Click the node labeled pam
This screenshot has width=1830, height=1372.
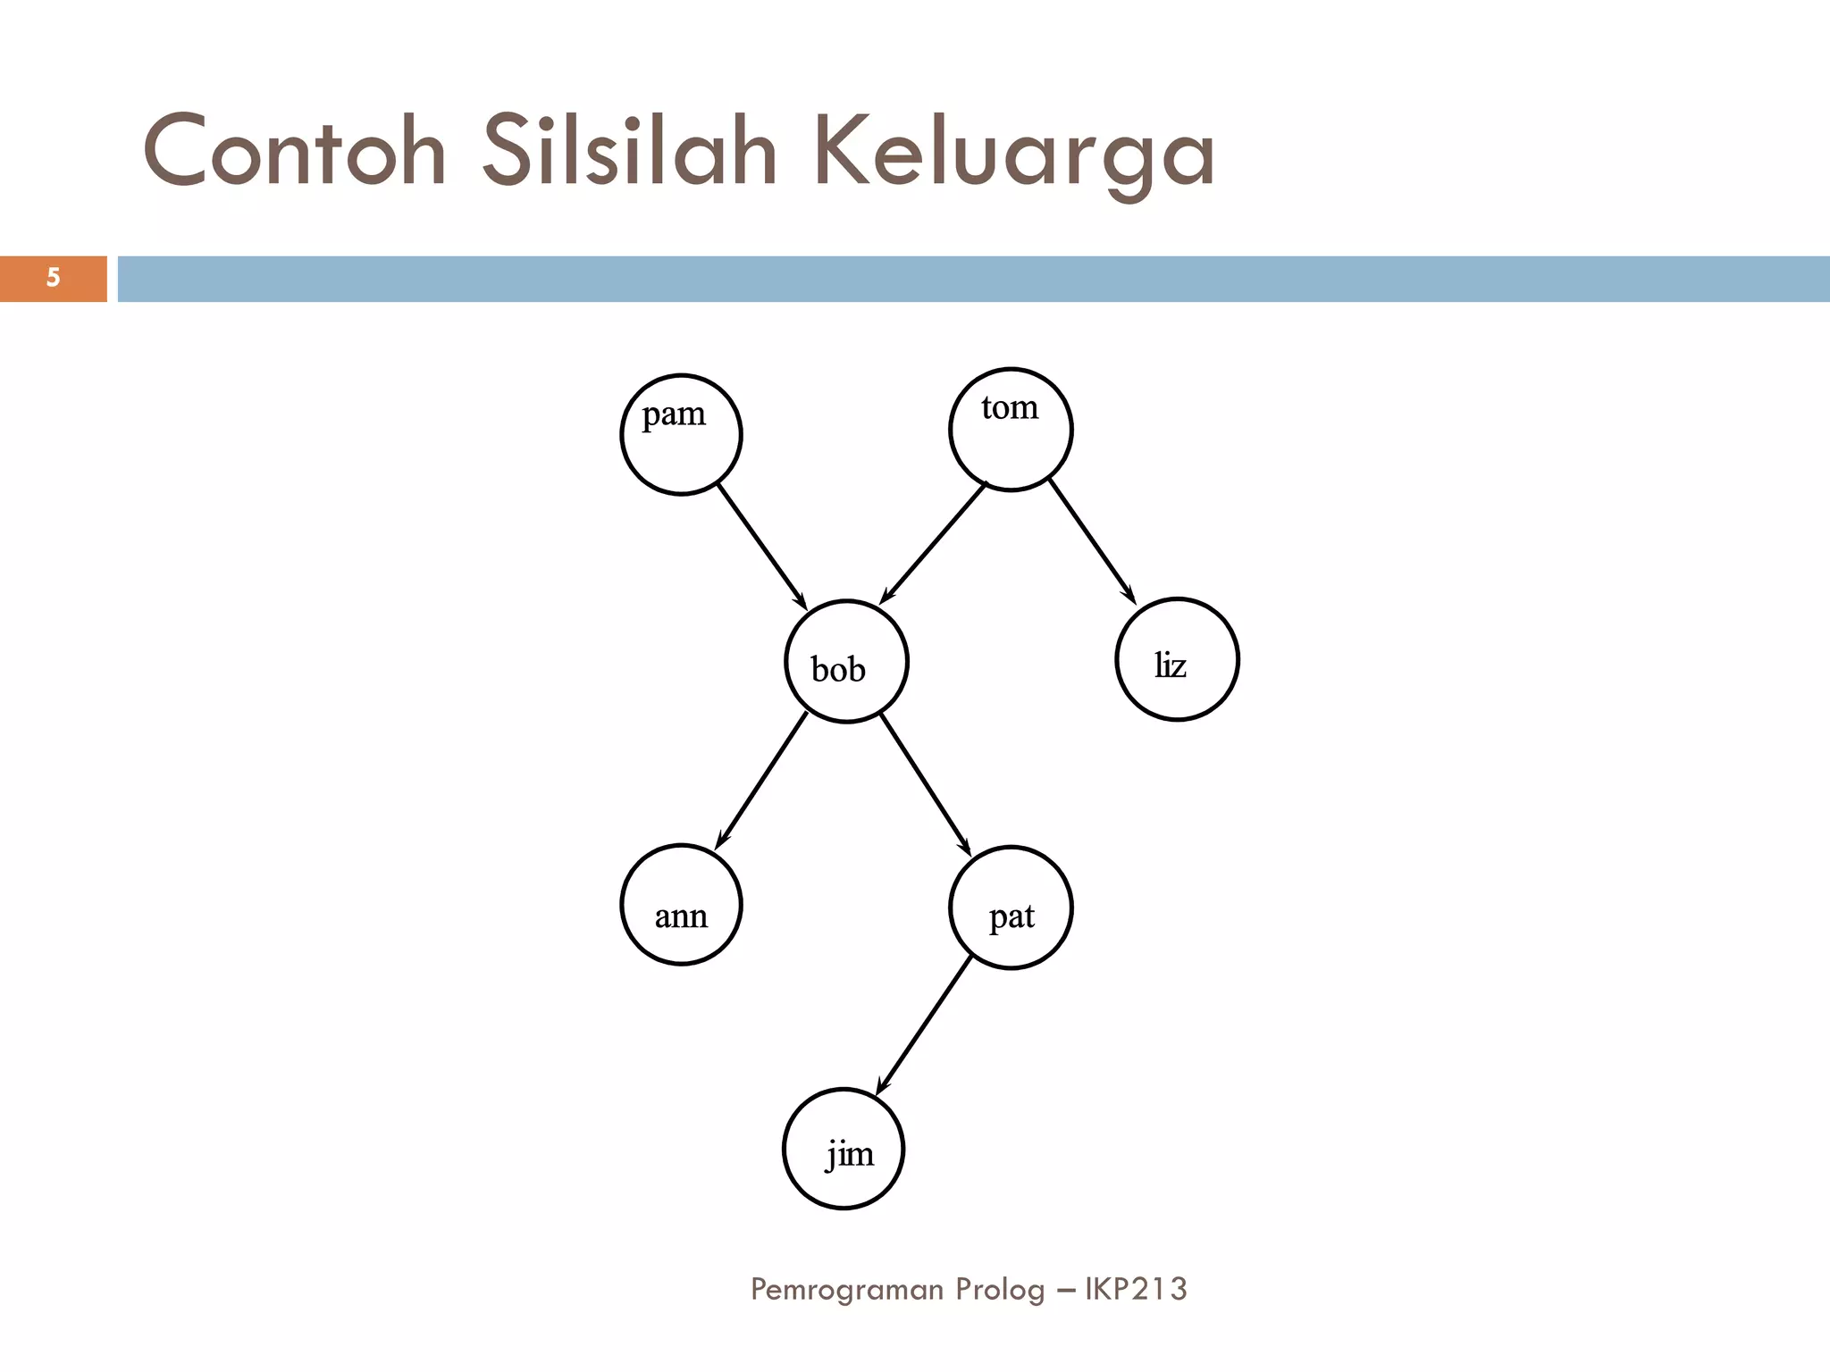681,434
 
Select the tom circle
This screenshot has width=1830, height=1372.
1011,430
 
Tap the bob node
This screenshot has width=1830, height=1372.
846,661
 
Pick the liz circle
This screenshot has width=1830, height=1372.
1177,659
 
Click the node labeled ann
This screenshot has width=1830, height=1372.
681,905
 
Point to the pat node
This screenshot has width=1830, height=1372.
1011,908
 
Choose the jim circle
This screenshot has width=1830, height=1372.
844,1149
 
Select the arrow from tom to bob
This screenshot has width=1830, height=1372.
933,543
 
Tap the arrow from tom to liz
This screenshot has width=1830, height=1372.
1092,541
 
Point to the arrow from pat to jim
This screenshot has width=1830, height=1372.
923,1025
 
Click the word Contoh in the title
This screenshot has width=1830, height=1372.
295,152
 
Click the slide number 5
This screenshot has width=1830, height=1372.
53,278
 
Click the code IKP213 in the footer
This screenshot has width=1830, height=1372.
1136,1289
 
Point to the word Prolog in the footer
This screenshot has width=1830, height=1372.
1000,1290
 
